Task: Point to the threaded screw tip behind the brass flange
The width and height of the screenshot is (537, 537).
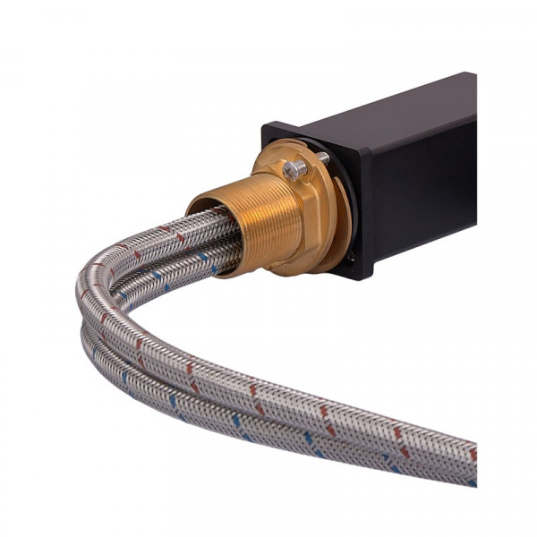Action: [x=321, y=158]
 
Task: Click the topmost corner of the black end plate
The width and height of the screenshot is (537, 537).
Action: [x=266, y=125]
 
